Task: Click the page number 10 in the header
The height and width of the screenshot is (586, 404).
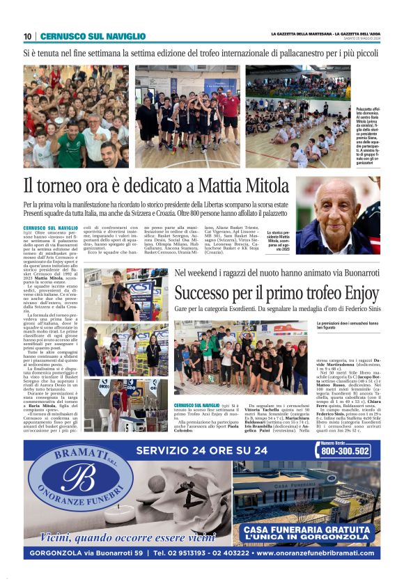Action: [x=28, y=36]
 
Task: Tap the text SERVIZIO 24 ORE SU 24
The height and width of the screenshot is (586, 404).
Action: [x=202, y=450]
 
